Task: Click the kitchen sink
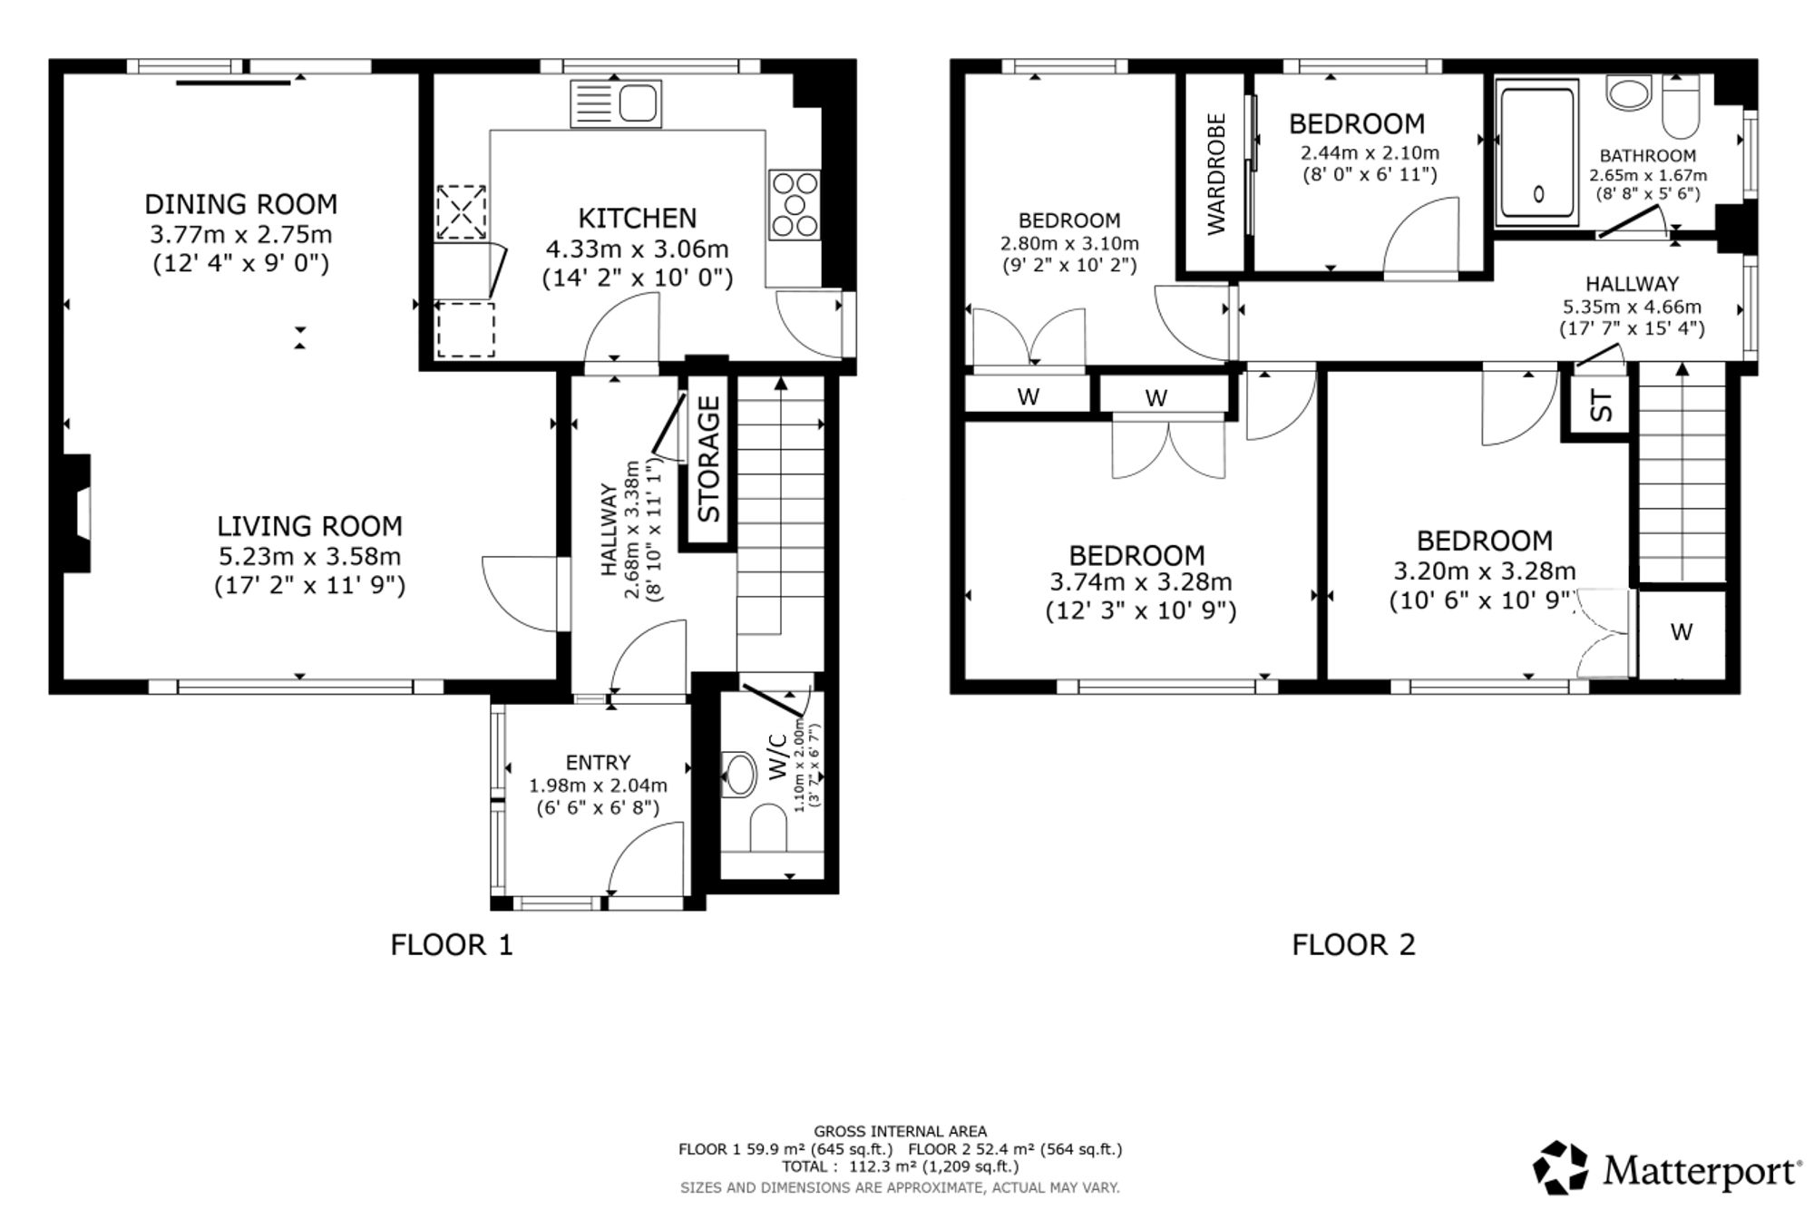tap(616, 103)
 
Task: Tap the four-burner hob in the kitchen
tap(795, 206)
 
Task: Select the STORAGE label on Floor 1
tap(708, 460)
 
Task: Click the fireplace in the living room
tap(77, 513)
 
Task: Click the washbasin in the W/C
tap(738, 775)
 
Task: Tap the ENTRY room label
tap(598, 763)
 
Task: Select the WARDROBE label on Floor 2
tap(1216, 174)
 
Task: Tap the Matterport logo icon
tap(1562, 1167)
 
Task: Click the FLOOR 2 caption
tap(1353, 945)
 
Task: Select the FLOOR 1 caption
tap(452, 945)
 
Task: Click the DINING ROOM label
tap(241, 204)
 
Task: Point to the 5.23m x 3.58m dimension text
tap(309, 556)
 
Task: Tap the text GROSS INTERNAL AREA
tap(900, 1131)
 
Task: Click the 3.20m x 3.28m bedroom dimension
tap(1485, 571)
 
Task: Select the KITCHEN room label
tap(638, 219)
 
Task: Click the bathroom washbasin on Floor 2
tap(1630, 93)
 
